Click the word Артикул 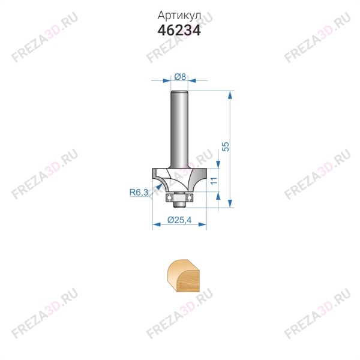[x=179, y=16]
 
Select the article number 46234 [x=179, y=31]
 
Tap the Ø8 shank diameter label [x=180, y=77]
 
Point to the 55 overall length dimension [x=226, y=147]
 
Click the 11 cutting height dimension [x=214, y=181]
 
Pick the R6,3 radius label [x=139, y=192]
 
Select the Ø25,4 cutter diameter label [x=179, y=220]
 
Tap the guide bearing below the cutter [x=179, y=197]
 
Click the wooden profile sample [x=183, y=276]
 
